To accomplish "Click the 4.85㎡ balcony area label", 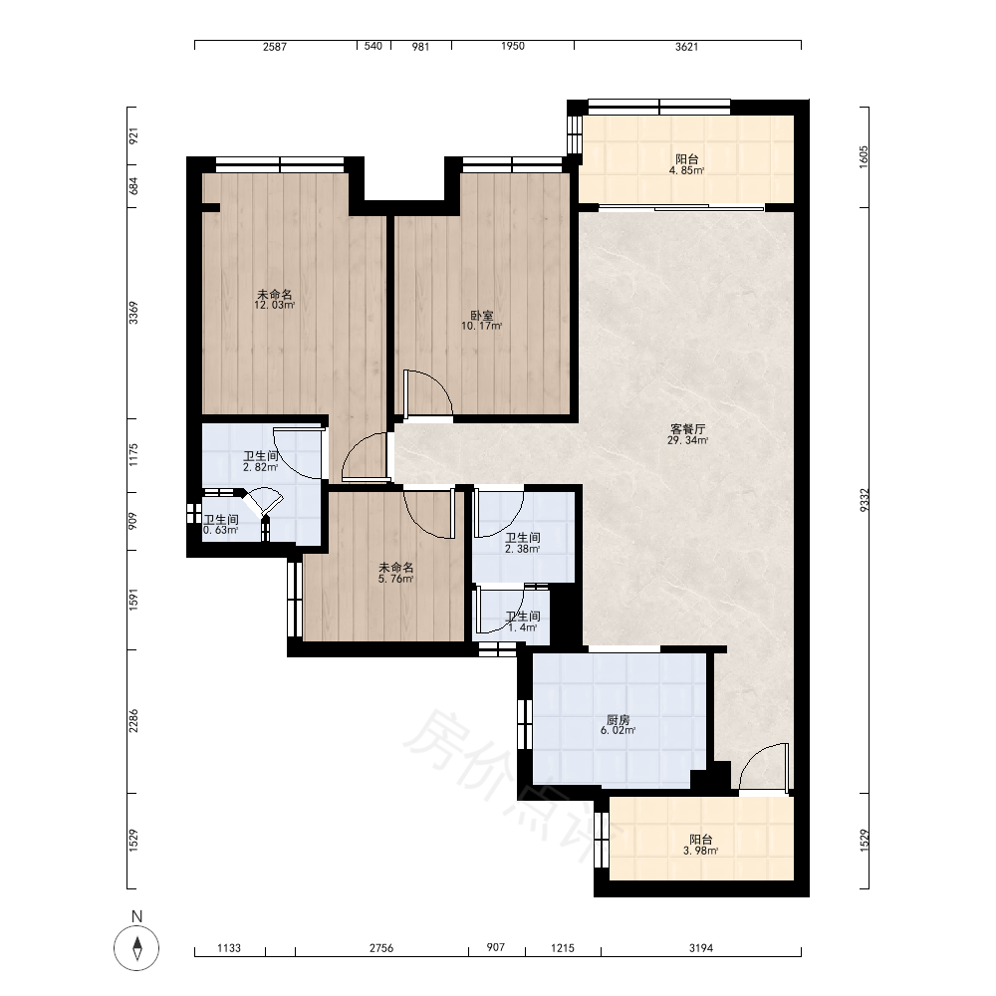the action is click(x=686, y=171).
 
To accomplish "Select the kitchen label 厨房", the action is click(x=619, y=720).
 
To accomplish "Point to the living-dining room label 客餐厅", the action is click(x=687, y=429).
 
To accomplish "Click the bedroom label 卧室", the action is click(x=481, y=316).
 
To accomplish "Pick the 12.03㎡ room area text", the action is click(x=275, y=305).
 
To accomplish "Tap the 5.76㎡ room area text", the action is click(x=395, y=579).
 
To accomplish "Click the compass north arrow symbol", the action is click(x=136, y=948).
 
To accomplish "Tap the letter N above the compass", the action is click(x=136, y=916).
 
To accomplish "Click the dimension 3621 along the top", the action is click(x=686, y=47).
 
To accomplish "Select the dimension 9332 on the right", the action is click(x=864, y=500).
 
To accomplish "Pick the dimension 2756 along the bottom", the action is click(x=381, y=948).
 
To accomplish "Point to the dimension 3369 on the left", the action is click(x=133, y=313).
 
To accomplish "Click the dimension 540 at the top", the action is click(x=373, y=46).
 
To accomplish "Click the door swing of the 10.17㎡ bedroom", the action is click(x=428, y=394).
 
